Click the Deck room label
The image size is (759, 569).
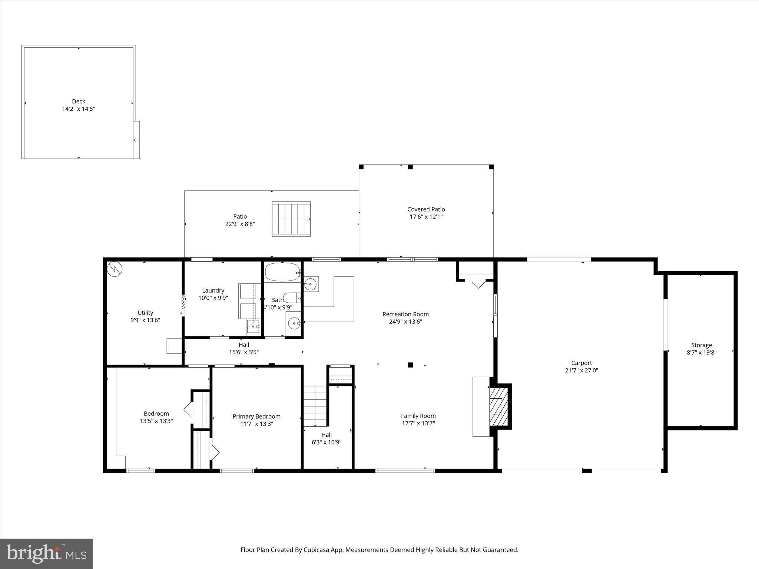(79, 101)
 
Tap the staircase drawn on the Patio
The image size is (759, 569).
(291, 219)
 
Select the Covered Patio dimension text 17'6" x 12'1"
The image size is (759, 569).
(426, 217)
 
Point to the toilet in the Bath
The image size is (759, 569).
(291, 297)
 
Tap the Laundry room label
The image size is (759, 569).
(213, 290)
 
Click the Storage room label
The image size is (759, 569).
(701, 345)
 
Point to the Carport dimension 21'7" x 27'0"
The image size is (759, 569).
(581, 370)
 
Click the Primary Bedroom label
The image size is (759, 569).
(256, 416)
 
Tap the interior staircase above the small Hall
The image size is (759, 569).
(315, 406)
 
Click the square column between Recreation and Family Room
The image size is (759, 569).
(410, 365)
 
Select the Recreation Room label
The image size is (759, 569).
(405, 314)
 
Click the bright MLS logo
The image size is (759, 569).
(46, 553)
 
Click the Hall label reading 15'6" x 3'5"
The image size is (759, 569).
(244, 352)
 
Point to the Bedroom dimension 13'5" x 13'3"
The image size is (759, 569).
(156, 421)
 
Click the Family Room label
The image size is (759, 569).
(418, 416)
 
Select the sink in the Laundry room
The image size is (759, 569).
(253, 326)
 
